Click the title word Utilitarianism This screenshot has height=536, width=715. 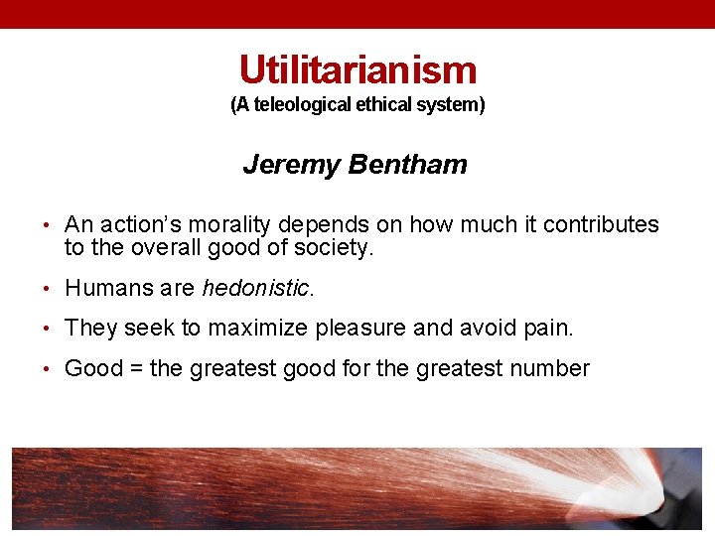357,69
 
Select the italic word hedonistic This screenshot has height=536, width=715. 255,289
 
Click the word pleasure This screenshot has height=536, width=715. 361,329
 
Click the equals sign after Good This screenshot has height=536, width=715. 137,369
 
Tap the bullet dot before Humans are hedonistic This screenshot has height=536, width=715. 48,290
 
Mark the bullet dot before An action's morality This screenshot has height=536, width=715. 48,226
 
